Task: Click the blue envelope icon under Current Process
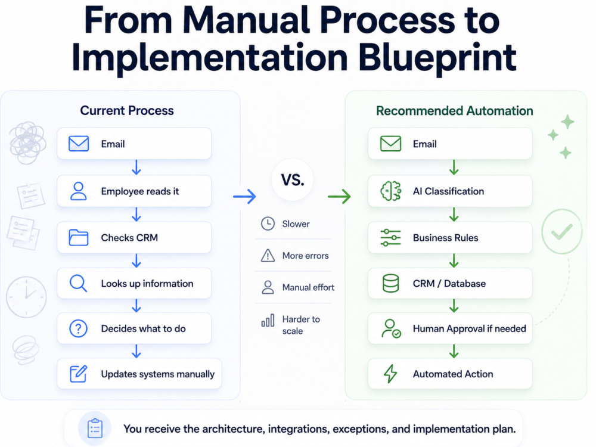(79, 144)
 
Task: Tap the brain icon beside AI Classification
(391, 191)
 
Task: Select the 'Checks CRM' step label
(129, 238)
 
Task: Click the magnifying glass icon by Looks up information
(78, 284)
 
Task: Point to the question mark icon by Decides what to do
(78, 328)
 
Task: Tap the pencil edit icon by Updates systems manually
(79, 374)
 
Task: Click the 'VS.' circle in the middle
(292, 179)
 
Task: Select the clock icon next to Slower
(268, 223)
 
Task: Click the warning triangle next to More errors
(268, 256)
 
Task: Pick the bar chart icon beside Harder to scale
(268, 321)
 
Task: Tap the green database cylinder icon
(391, 284)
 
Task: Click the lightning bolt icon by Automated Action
(390, 374)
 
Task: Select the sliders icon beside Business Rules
(391, 238)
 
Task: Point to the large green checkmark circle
(562, 231)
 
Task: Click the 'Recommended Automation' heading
(455, 111)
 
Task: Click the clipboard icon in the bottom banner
(95, 429)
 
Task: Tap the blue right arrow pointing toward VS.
(244, 196)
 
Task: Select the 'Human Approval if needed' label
(470, 328)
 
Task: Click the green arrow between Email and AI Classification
(454, 167)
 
